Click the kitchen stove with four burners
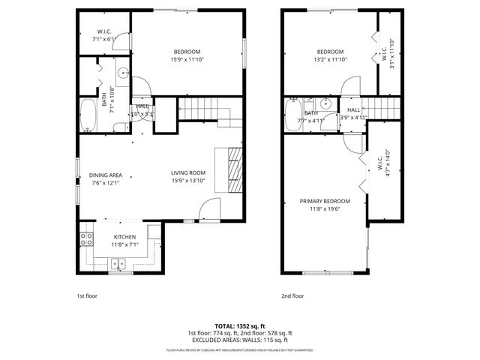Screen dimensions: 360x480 click(x=86, y=240)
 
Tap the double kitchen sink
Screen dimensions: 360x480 click(x=117, y=263)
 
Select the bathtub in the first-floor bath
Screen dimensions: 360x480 click(x=88, y=115)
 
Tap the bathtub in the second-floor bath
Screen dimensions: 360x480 click(x=292, y=115)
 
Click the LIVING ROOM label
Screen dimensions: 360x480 click(x=187, y=172)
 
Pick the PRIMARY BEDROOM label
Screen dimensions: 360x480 click(x=325, y=201)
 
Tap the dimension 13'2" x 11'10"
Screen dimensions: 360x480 click(x=329, y=60)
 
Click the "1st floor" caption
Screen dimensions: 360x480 click(x=88, y=295)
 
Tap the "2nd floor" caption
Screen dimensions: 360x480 click(x=292, y=295)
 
